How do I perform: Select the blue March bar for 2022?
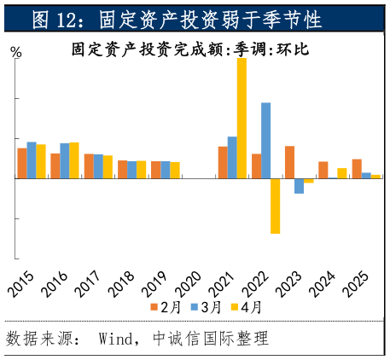[266, 140]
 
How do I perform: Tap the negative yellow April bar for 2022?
[275, 206]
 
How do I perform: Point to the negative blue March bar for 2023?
[300, 186]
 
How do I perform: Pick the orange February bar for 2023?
[290, 162]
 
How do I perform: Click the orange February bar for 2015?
[22, 163]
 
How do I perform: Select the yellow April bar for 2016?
[74, 160]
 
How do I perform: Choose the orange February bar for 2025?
[357, 169]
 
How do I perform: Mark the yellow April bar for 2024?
[342, 173]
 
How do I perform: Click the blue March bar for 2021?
[232, 157]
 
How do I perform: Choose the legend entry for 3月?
[206, 307]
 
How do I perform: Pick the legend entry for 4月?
[246, 307]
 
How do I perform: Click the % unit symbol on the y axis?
[16, 52]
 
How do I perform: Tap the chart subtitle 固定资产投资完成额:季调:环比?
[190, 49]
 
